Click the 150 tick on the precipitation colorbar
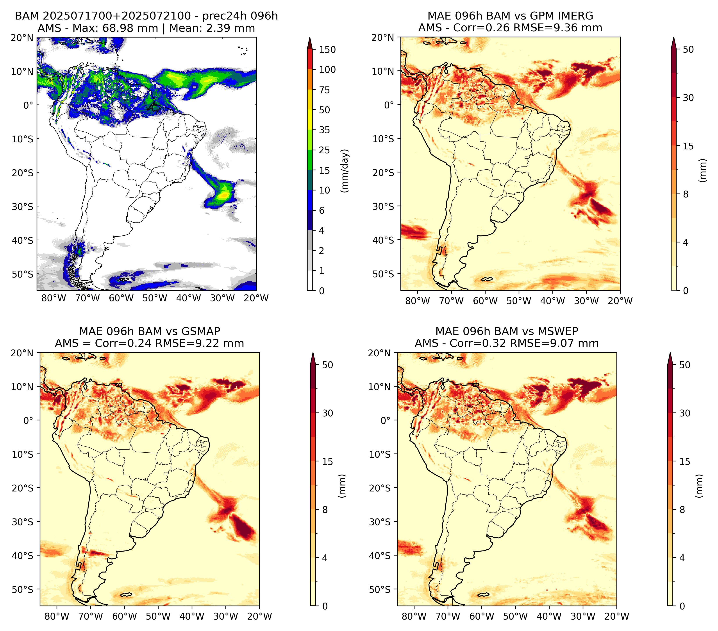(x=327, y=50)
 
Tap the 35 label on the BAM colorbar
(x=324, y=130)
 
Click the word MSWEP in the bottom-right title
(x=558, y=331)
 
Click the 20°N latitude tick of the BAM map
(x=22, y=38)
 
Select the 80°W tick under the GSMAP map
(x=57, y=616)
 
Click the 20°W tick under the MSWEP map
(x=616, y=616)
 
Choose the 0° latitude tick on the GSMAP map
(x=28, y=421)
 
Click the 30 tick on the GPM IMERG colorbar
(x=688, y=98)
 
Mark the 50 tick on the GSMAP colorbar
(x=327, y=365)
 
